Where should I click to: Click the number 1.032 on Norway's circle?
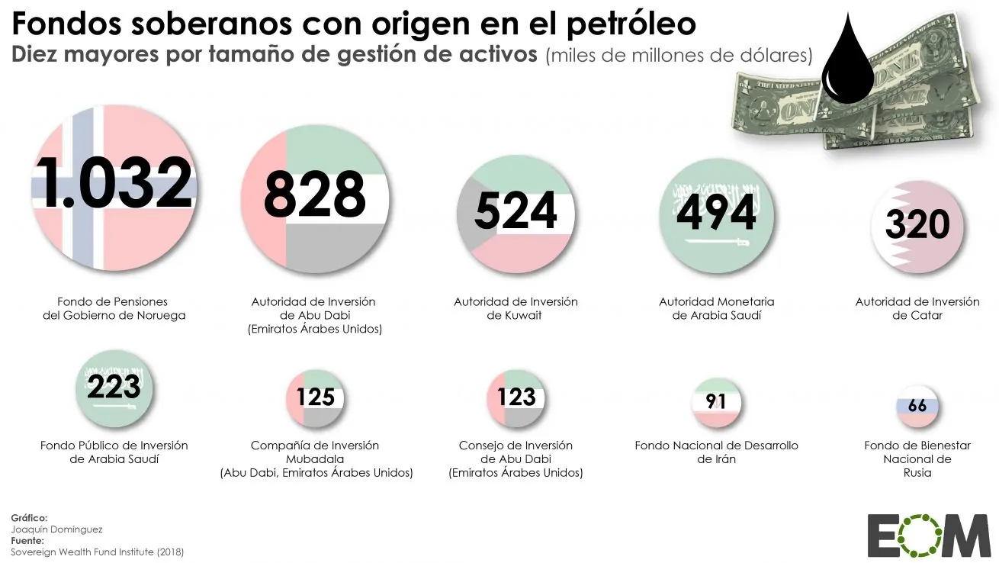point(114,183)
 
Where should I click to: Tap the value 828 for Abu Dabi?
point(315,195)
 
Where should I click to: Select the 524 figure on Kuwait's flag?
point(516,211)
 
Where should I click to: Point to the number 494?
point(717,212)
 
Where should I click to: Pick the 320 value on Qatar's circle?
point(917,224)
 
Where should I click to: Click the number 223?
point(114,387)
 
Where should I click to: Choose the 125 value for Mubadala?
point(316,397)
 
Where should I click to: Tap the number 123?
point(516,397)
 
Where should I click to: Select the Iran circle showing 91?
point(716,401)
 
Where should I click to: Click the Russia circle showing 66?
point(917,405)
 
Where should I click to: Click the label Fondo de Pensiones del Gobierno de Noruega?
point(114,308)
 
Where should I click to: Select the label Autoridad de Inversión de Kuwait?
point(516,308)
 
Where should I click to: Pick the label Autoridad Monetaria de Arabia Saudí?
point(717,308)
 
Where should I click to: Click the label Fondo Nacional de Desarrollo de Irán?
point(717,452)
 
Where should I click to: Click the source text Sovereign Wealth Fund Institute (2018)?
point(98,551)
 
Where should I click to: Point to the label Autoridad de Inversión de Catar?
point(917,308)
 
